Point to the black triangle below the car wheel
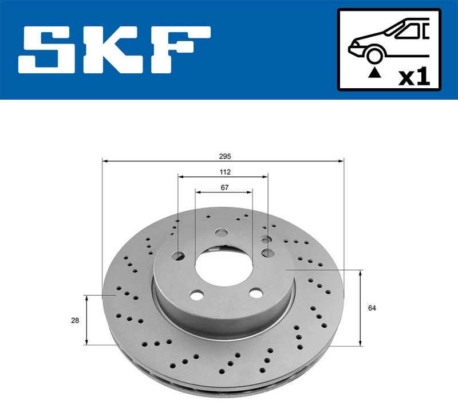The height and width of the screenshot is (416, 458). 375,72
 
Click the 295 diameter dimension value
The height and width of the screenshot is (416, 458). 224,155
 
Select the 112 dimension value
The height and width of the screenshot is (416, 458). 224,171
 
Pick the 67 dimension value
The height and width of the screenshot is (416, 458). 224,187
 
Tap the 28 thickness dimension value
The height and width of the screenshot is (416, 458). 74,320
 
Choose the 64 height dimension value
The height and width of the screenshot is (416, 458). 372,308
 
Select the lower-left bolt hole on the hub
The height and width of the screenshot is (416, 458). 196,295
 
